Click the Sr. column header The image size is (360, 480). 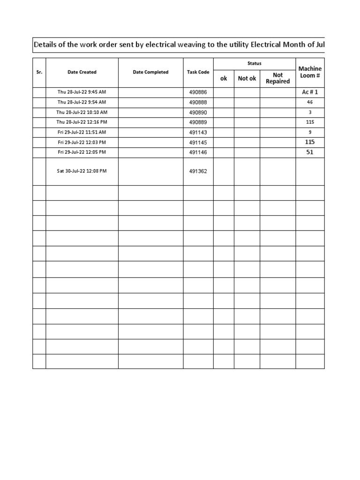point(39,72)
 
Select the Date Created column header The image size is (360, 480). point(82,72)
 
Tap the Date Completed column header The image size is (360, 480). point(150,72)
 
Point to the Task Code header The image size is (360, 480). point(198,72)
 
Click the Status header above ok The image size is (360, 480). point(255,63)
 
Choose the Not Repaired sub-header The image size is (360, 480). point(278,78)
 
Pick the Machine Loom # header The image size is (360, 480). point(310,72)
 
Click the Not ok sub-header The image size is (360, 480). point(247,78)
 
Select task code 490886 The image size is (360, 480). point(198,92)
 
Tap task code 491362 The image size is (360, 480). point(198,171)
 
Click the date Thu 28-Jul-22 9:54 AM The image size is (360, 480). point(82,102)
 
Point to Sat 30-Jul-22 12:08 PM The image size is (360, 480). point(82,171)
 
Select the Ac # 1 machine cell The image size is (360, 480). point(310,92)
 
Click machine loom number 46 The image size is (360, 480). point(310,102)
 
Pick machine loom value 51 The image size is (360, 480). point(310,152)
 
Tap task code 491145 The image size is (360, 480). point(198,142)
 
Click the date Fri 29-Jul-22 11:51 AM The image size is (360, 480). point(82,132)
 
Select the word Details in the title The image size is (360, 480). point(47,45)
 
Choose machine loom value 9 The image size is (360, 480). point(310,132)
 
